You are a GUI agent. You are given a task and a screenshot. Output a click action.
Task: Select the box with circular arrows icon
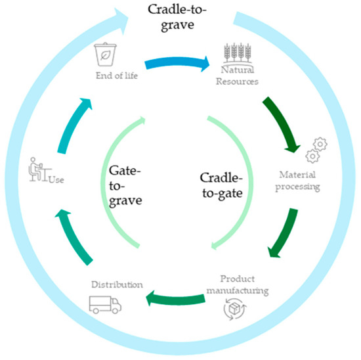pyautogui.click(x=236, y=309)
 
